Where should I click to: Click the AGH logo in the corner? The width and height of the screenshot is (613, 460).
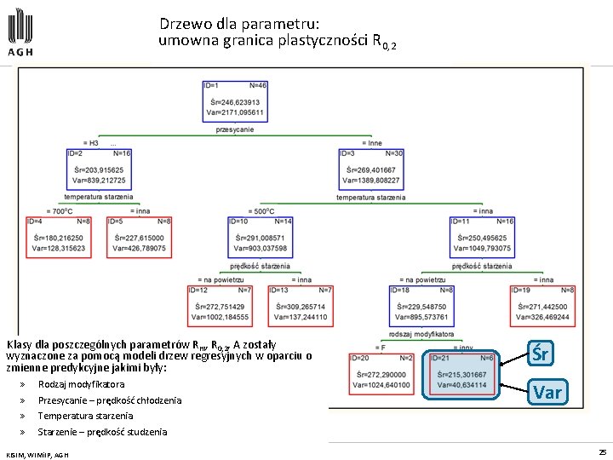[x=21, y=31]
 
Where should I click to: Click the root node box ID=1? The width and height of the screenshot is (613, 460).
[x=235, y=101]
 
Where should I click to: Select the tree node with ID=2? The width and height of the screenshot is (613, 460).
[x=98, y=168]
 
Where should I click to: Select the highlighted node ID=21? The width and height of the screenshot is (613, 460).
[x=462, y=373]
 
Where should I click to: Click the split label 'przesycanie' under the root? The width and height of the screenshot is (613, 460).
[x=235, y=129]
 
